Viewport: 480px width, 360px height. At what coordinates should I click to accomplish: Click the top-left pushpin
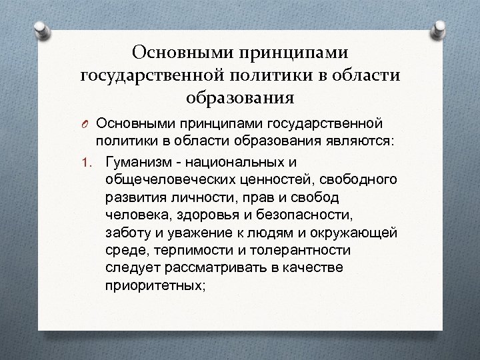click(39, 28)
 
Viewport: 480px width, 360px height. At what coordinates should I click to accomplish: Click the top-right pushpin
click(441, 28)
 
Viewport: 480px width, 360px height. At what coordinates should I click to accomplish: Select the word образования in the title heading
click(240, 98)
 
